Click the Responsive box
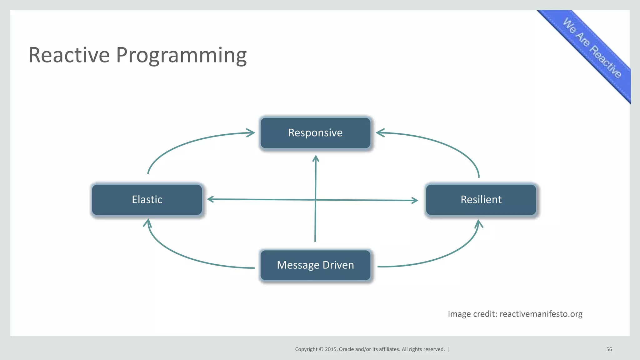[x=315, y=133]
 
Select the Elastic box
[x=147, y=199]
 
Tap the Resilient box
[x=481, y=199]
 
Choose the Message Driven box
[x=315, y=265]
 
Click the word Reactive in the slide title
[x=69, y=55]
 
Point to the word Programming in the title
[x=181, y=56]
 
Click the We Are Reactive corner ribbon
[x=592, y=48]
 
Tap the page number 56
[x=609, y=349]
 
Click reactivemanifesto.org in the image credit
[x=541, y=314]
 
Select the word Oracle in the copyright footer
[x=346, y=349]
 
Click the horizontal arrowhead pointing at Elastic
[x=210, y=199]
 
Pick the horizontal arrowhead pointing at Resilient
[x=415, y=200]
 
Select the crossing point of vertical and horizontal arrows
[x=315, y=200]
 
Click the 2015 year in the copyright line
[x=331, y=349]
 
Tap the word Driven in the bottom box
[x=338, y=265]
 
